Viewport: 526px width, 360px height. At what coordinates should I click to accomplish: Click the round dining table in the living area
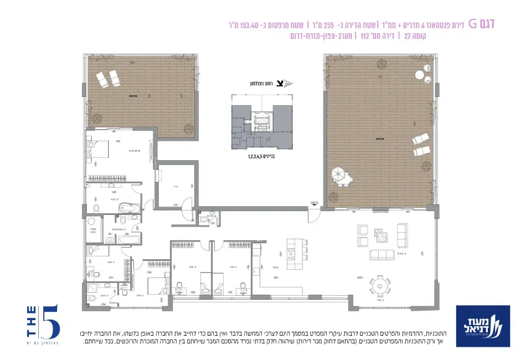point(380,286)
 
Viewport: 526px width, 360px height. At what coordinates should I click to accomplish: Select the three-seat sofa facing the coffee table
point(382,254)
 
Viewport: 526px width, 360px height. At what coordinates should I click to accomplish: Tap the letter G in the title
point(473,23)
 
